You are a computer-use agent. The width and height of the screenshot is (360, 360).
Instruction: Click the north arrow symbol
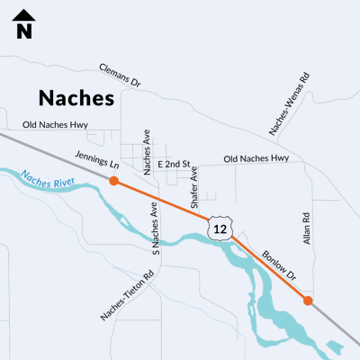coord(24,16)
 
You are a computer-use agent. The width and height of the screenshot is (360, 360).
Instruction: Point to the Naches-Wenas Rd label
coord(290,104)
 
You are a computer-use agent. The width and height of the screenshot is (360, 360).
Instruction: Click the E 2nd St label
coord(174,165)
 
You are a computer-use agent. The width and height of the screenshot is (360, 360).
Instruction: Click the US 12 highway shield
coord(219,228)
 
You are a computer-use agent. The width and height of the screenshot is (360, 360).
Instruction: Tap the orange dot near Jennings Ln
coord(113,181)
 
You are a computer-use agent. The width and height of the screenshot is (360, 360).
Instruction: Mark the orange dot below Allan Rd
coord(308,301)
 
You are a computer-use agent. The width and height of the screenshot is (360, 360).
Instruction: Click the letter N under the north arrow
coord(24,31)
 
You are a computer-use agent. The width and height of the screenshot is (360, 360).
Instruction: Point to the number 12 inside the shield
coord(219,229)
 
